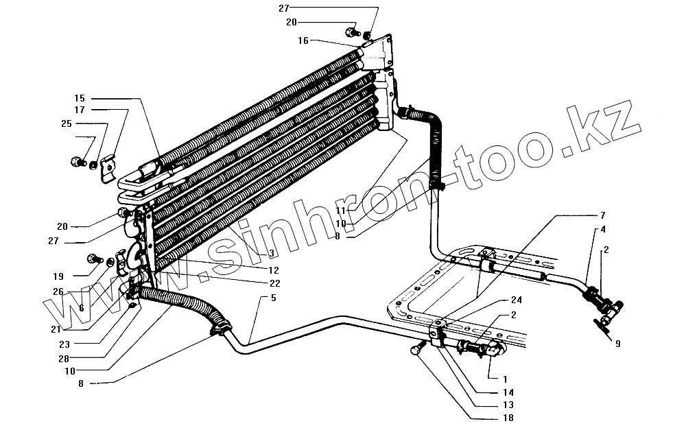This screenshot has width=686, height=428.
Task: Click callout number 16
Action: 303,41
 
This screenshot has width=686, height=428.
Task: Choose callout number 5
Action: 273,298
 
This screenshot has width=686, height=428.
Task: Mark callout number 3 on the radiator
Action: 253,254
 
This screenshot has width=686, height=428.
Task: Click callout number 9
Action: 617,344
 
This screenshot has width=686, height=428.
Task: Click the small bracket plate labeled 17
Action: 106,167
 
